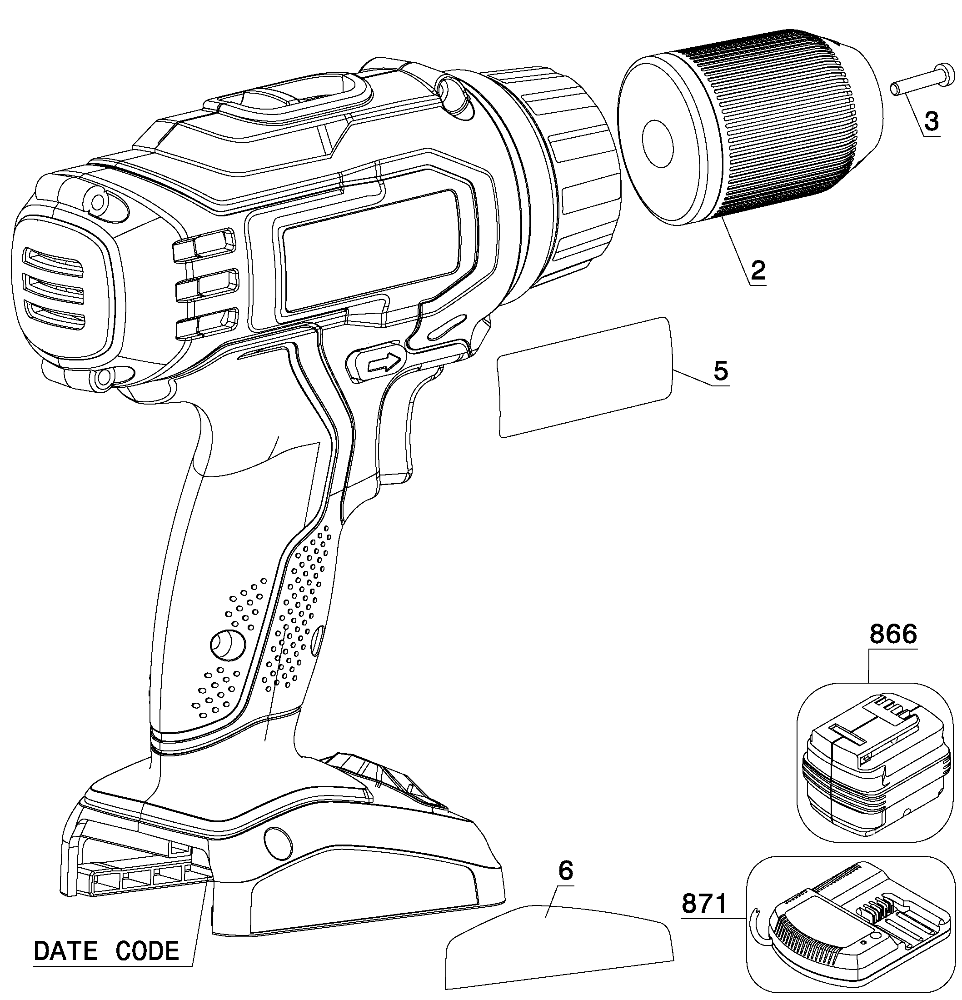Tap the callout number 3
click(x=931, y=122)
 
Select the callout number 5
click(x=721, y=371)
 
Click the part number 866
click(x=893, y=634)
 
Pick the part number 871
click(x=704, y=905)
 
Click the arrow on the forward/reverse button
click(x=384, y=362)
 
